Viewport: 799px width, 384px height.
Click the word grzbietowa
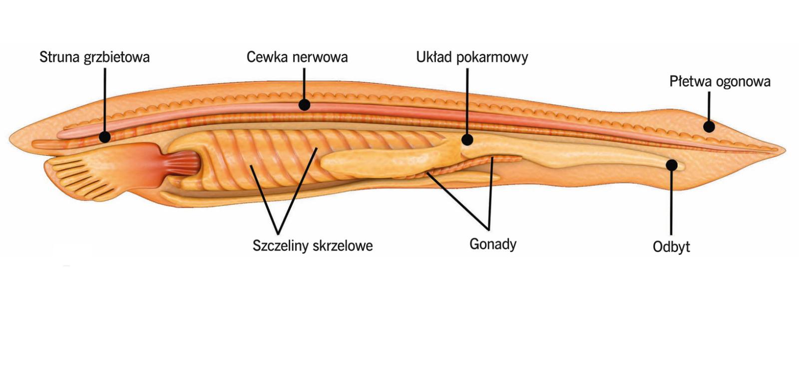pos(116,57)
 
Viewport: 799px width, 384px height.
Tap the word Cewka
pos(267,57)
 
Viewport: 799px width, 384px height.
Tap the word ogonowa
pos(744,82)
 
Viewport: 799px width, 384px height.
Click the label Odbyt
pos(671,246)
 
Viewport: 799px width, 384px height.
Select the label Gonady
pos(493,244)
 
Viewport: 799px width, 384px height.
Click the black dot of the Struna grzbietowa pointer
pos(105,136)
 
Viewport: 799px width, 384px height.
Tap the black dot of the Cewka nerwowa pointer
pos(304,105)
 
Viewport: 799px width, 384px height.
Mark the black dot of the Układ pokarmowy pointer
pos(467,139)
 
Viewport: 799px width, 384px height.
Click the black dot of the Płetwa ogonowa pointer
pos(709,126)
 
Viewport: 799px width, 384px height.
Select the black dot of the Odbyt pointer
pos(672,164)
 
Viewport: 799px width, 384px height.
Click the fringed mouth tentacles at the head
pos(75,167)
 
